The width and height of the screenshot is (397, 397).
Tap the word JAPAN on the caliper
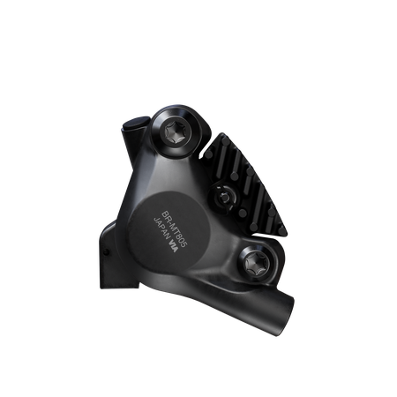click(x=161, y=229)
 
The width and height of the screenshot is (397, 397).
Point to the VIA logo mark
click(x=173, y=246)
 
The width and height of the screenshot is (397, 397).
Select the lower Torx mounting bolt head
click(x=256, y=264)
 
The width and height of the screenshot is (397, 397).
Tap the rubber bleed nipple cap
click(x=136, y=124)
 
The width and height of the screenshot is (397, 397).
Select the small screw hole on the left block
click(x=107, y=252)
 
